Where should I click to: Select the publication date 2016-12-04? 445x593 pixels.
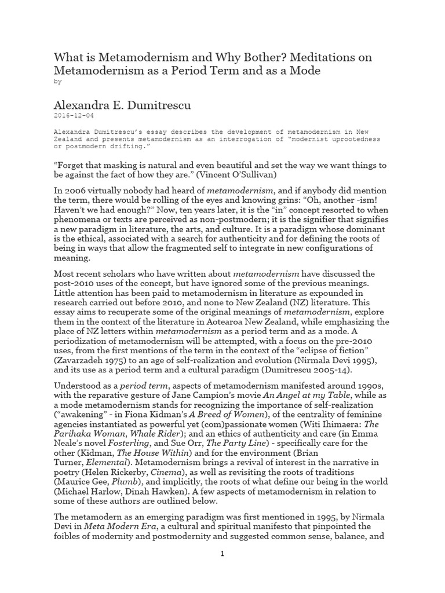click(x=75, y=116)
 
